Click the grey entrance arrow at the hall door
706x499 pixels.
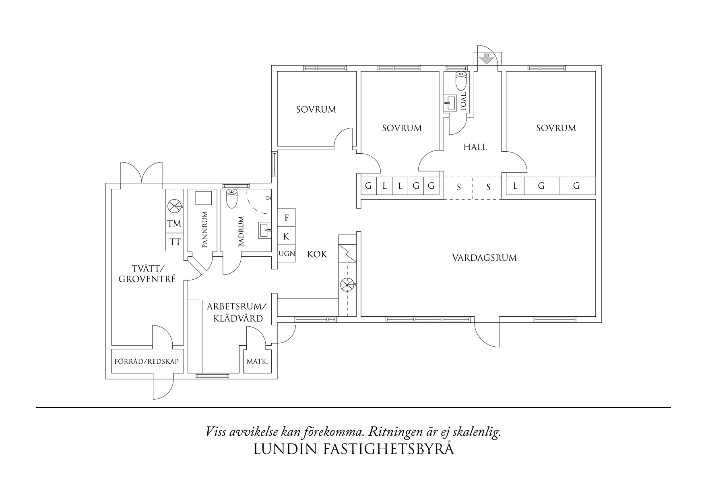(487, 59)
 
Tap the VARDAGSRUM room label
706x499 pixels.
(484, 258)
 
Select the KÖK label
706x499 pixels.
(317, 254)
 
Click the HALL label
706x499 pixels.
(475, 147)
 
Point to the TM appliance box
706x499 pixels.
(174, 223)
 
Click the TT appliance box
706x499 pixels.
(175, 242)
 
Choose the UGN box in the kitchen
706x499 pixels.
(287, 254)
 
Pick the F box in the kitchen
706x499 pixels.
(287, 218)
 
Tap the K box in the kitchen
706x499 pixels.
(286, 237)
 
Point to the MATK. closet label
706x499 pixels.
(257, 361)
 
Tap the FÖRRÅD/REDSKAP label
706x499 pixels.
(147, 361)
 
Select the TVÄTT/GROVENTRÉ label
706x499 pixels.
(147, 273)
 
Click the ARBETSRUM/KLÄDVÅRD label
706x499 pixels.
(235, 312)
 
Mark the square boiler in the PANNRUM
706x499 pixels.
(203, 199)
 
